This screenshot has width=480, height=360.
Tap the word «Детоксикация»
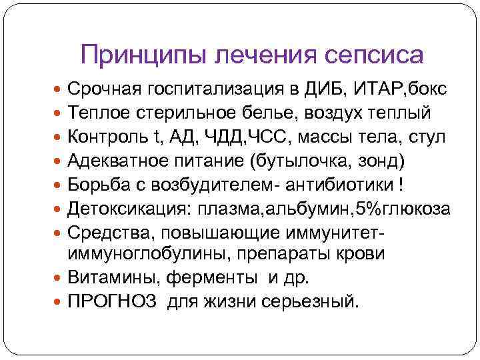(129, 209)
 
